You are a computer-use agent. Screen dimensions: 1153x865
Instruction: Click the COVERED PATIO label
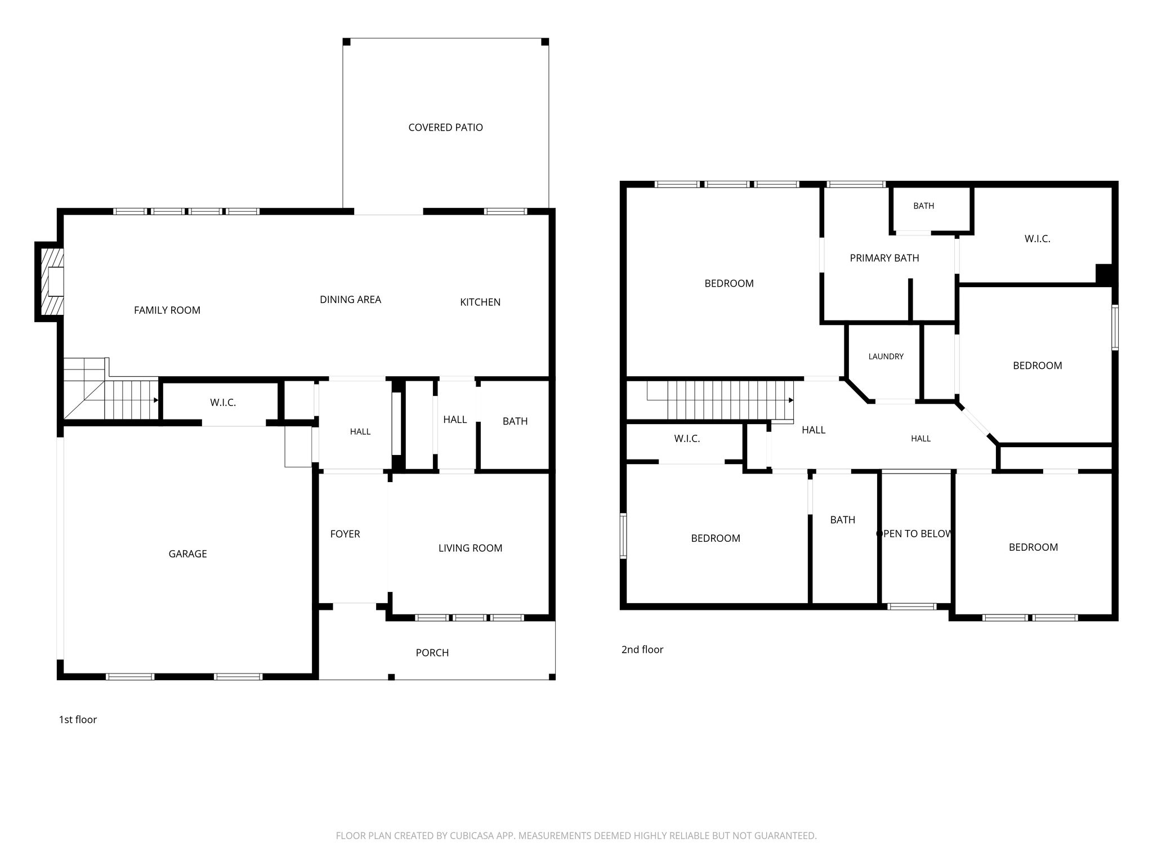click(x=445, y=127)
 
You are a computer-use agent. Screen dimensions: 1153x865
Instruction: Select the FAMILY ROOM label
click(x=167, y=310)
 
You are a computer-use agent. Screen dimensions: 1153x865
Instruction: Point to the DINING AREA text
click(x=350, y=300)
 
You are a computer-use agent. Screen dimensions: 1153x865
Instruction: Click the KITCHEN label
click(x=480, y=302)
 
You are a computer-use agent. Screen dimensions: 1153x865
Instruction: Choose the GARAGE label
click(x=187, y=554)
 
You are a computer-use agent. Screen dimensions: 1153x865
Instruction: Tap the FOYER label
click(x=345, y=534)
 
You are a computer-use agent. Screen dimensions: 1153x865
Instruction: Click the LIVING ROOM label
click(x=470, y=548)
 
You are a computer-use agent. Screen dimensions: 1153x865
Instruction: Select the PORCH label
click(x=432, y=653)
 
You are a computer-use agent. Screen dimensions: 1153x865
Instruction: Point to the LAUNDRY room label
click(x=886, y=356)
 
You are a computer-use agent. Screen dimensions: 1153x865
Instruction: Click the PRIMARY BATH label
click(x=884, y=258)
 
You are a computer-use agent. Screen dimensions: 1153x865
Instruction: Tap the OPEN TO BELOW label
click(x=915, y=534)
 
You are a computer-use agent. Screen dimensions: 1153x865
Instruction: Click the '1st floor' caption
click(x=78, y=720)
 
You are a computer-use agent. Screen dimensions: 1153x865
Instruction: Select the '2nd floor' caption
click(x=642, y=649)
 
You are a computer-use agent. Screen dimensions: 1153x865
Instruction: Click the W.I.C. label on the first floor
click(x=223, y=403)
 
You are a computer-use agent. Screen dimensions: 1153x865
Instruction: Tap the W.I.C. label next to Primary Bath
click(x=1037, y=239)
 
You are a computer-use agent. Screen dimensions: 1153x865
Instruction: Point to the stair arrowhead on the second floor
click(x=791, y=400)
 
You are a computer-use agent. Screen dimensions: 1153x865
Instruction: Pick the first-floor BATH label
click(x=515, y=421)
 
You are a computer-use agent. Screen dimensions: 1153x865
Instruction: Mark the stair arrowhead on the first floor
click(x=156, y=400)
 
